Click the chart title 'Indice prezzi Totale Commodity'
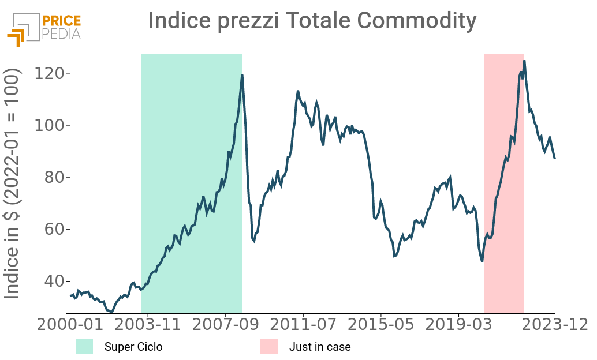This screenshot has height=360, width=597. [x=312, y=21]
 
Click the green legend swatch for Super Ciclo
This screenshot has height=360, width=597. [x=84, y=347]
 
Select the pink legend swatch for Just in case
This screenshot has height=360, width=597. [x=268, y=347]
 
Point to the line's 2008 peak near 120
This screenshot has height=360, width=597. [x=242, y=75]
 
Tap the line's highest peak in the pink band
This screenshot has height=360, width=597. [x=524, y=61]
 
